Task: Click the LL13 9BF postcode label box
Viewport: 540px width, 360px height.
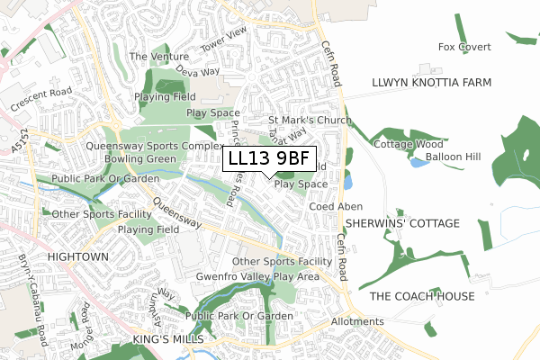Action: pyautogui.click(x=269, y=158)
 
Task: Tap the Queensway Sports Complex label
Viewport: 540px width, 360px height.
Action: pyautogui.click(x=154, y=145)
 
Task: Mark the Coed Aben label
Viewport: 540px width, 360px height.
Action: pyautogui.click(x=336, y=206)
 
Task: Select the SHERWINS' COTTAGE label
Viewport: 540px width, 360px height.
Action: pyautogui.click(x=400, y=223)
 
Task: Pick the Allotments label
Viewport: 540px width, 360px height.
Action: pyautogui.click(x=357, y=321)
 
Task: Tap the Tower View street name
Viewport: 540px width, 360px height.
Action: pyautogui.click(x=223, y=40)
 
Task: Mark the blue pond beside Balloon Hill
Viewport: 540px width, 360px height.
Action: pyautogui.click(x=418, y=163)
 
